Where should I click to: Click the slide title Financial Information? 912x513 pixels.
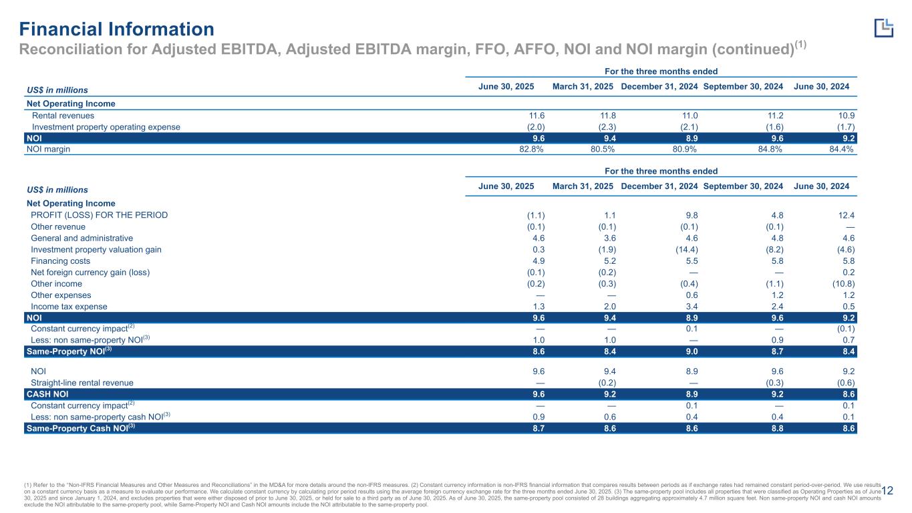(116, 29)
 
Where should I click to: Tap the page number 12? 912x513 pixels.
(887, 491)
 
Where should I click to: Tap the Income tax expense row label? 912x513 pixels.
(69, 307)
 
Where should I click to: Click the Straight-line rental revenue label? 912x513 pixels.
(82, 383)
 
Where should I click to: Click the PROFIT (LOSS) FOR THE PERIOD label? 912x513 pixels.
(100, 215)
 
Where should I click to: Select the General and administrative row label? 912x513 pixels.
(82, 238)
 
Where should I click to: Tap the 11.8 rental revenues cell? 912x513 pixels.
(609, 116)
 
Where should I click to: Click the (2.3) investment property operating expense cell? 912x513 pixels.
(607, 127)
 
